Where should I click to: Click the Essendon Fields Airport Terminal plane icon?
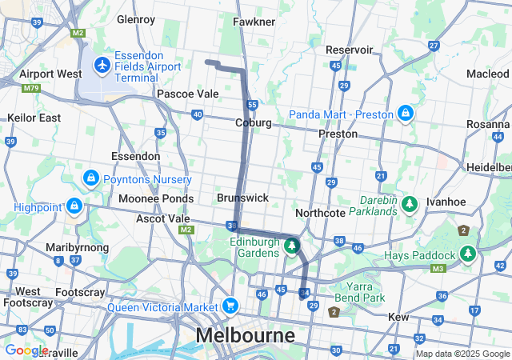(102, 64)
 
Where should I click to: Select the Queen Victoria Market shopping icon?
(230, 306)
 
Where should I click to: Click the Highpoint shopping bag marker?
(74, 206)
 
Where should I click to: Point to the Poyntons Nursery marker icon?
(90, 178)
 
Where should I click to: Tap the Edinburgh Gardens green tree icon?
(292, 246)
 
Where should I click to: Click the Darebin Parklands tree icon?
(410, 205)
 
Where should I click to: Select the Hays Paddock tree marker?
(467, 255)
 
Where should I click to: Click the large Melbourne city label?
(246, 334)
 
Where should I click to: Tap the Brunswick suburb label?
(242, 197)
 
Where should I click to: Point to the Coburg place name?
(253, 122)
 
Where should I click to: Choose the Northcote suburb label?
(320, 213)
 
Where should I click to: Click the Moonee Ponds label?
(156, 198)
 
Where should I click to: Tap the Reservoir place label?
(350, 50)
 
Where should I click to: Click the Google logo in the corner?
(26, 350)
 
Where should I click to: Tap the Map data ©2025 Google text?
(462, 354)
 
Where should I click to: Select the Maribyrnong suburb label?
(77, 247)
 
